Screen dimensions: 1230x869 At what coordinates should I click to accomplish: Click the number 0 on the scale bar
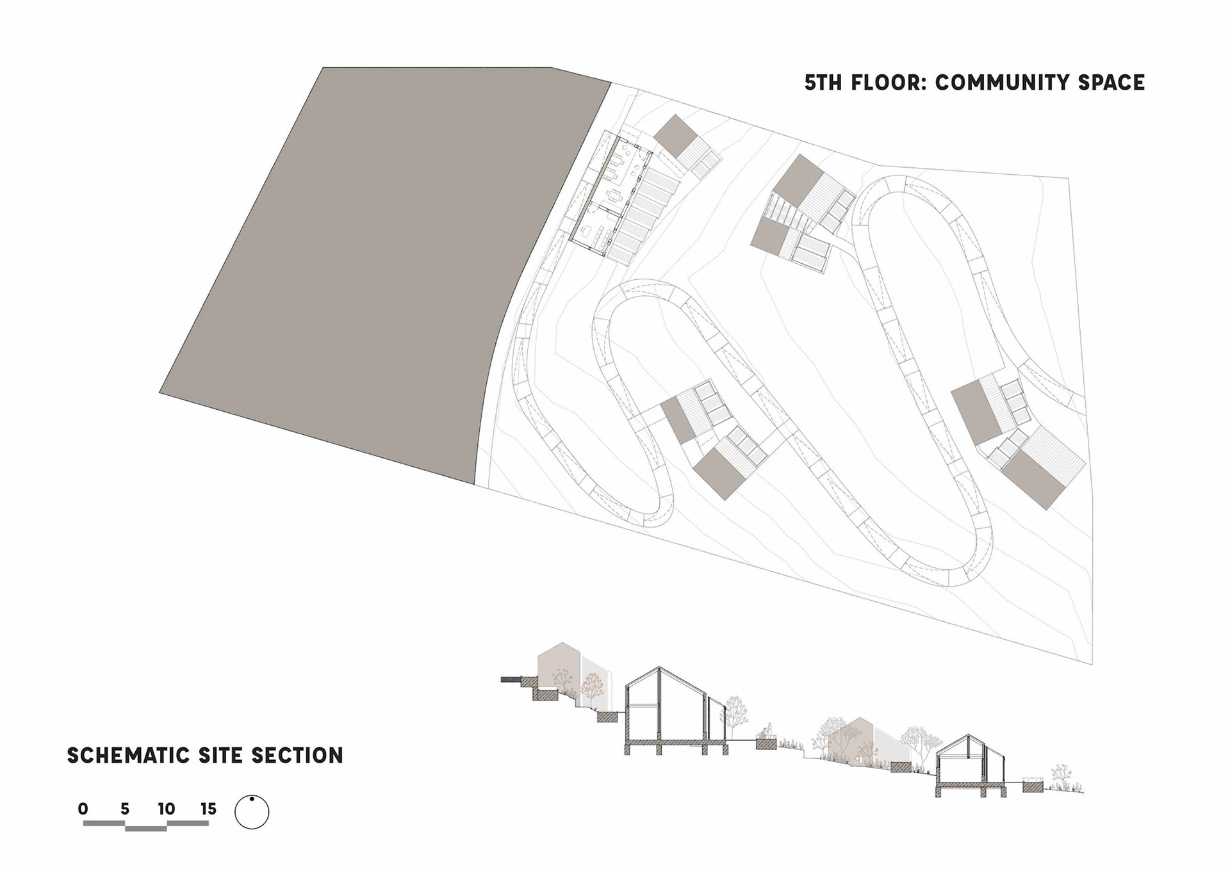click(x=83, y=809)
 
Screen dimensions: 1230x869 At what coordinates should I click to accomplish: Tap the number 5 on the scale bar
click(x=124, y=809)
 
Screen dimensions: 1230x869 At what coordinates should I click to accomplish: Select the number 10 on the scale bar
click(x=166, y=809)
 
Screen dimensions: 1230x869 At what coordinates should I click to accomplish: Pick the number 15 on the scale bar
click(x=208, y=809)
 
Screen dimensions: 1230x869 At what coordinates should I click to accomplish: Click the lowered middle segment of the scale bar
click(x=145, y=829)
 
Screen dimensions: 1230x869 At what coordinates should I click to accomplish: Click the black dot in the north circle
click(x=252, y=799)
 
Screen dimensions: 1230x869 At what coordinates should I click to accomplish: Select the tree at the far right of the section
click(x=1060, y=776)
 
